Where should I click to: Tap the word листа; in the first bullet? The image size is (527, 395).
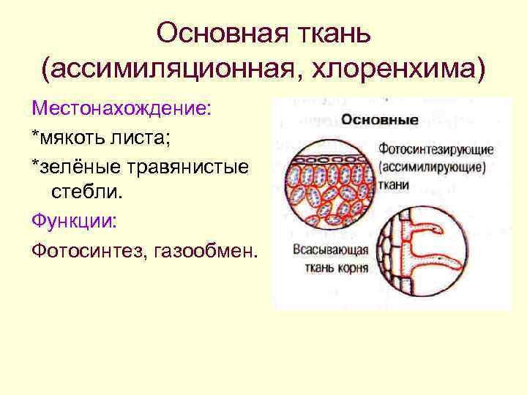[150, 138]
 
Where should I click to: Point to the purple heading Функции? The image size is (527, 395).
[72, 222]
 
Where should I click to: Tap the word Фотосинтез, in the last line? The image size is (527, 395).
[87, 251]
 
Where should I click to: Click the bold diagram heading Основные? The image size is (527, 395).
[381, 119]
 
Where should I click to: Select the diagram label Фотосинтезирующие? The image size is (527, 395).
[436, 149]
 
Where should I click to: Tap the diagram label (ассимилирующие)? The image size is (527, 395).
[433, 167]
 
